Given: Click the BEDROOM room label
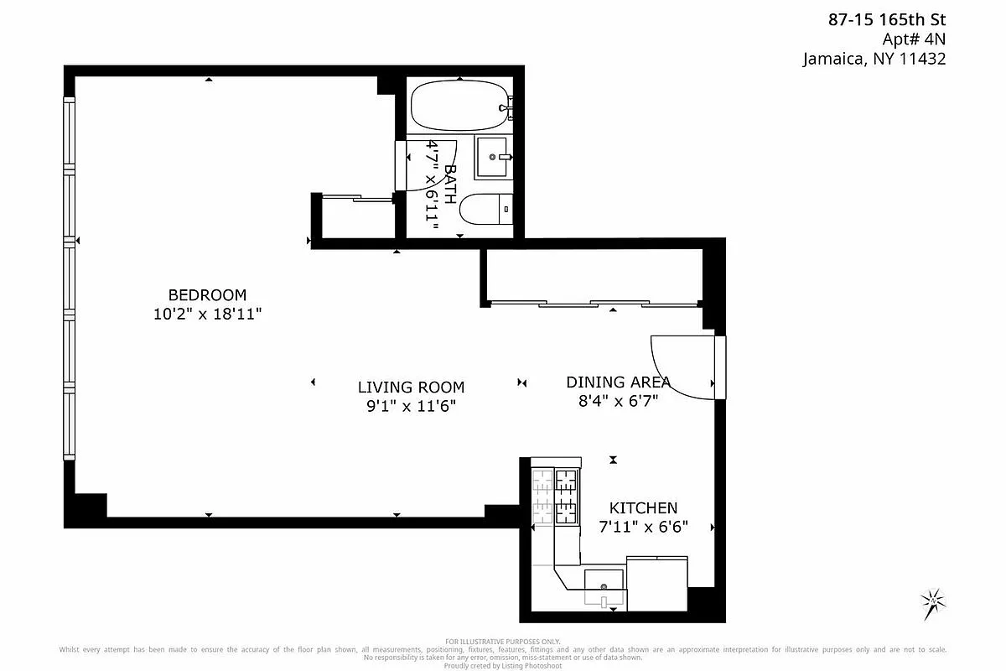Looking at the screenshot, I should coord(207,295).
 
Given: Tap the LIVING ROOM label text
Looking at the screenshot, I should coord(411,388).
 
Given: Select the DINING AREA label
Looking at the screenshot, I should coord(618,382).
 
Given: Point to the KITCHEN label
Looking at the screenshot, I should coord(643,508).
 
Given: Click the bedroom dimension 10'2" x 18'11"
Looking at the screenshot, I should coord(207,315).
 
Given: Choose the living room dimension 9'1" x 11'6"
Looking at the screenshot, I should coord(411,407).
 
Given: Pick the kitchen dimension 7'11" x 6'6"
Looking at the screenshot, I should coord(643,528).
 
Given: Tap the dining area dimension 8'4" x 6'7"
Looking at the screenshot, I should coord(618,401).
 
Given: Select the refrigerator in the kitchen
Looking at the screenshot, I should coord(657,584).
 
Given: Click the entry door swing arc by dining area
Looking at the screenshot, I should coord(681,369).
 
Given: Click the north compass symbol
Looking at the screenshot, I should coord(932,602).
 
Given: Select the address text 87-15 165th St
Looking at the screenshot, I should coord(887,20).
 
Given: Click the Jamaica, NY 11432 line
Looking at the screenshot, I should coord(874,59).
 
